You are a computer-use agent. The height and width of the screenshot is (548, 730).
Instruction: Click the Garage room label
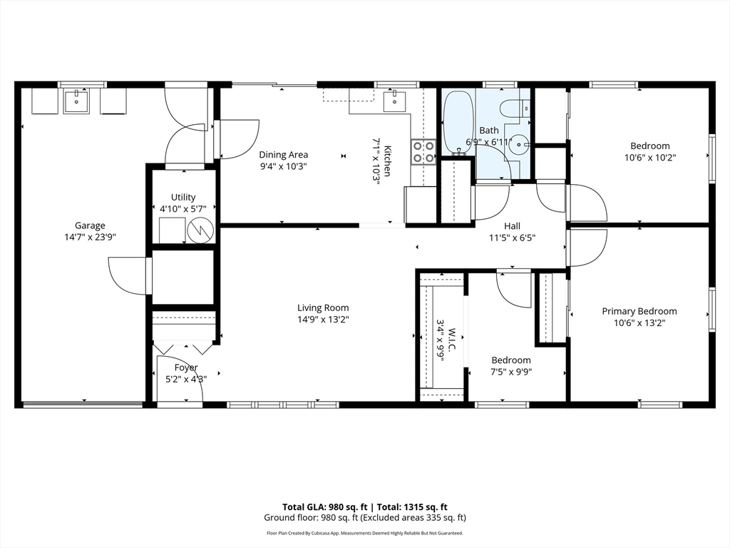(x=90, y=226)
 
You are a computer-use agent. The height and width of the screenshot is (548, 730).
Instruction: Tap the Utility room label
(x=183, y=197)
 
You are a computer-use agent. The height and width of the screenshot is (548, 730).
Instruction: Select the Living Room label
(x=323, y=308)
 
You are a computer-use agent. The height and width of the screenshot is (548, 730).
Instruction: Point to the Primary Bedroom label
(x=639, y=311)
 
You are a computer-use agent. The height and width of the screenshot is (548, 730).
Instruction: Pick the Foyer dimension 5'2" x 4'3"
(x=186, y=380)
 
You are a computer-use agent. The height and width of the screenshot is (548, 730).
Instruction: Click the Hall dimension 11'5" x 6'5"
(x=512, y=238)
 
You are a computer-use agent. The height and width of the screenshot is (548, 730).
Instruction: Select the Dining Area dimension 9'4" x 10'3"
(x=283, y=166)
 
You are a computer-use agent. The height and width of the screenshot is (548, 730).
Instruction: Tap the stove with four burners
(x=423, y=153)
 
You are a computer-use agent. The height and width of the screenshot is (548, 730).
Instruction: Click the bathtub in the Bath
(x=459, y=123)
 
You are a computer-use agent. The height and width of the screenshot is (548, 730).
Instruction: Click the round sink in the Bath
(x=518, y=144)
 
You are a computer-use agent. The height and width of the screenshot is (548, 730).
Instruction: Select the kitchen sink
(x=394, y=101)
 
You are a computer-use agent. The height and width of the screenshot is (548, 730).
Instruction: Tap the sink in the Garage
(x=75, y=101)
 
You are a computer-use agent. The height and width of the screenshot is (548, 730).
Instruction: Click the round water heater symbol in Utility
(x=200, y=229)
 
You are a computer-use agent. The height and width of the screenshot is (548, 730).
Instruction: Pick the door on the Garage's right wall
(x=128, y=275)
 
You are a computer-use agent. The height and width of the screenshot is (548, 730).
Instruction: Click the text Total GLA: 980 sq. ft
(x=325, y=507)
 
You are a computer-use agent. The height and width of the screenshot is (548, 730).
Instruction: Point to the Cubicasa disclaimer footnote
(x=365, y=533)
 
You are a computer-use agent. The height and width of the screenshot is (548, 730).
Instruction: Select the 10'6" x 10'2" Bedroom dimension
(x=650, y=158)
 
